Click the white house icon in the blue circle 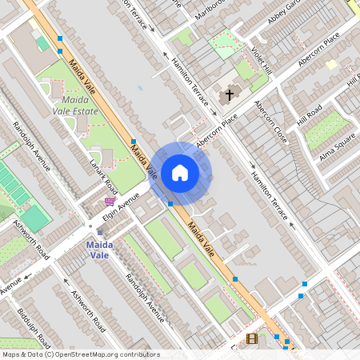[180, 173]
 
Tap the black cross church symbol [230, 94]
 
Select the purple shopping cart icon [109, 202]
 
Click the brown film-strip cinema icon [252, 339]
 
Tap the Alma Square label [337, 146]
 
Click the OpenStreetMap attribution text [80, 354]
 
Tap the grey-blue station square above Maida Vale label [100, 232]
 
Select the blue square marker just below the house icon [170, 204]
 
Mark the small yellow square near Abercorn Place [331, 65]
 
